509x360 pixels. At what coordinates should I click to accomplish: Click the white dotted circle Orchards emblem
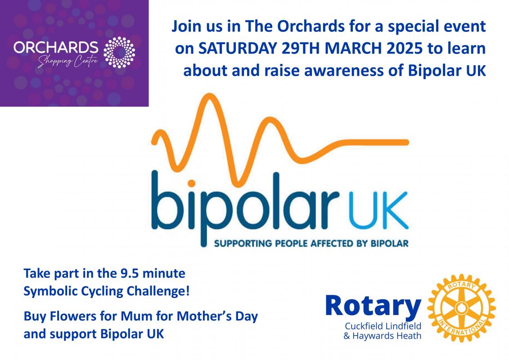(119, 53)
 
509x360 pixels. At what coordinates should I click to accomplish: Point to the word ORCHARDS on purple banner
(56, 47)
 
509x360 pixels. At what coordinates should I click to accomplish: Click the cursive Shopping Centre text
(68, 61)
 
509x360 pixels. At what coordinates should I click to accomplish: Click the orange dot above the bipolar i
(191, 184)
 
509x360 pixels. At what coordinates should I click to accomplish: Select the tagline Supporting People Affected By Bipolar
(311, 243)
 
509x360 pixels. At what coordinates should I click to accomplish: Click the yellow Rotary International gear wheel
(461, 308)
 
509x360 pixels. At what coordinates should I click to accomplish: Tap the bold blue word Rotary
(373, 306)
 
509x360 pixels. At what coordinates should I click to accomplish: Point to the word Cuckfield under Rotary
(364, 326)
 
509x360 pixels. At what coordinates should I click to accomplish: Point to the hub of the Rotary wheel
(461, 308)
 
